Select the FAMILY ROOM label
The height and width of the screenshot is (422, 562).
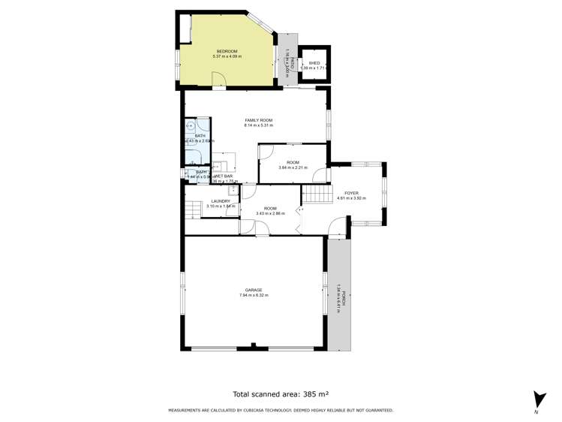[x=258, y=120]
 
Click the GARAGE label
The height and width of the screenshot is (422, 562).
[x=254, y=290]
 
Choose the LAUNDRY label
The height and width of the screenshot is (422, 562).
[x=221, y=200]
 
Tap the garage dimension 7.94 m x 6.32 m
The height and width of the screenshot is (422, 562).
[x=254, y=295]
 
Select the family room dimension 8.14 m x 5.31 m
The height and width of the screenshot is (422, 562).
[x=258, y=125]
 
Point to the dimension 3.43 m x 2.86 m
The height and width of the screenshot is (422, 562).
[x=270, y=213]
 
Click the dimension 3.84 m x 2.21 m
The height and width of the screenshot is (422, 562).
[x=293, y=167]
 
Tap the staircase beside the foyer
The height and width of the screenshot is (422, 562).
[x=317, y=195]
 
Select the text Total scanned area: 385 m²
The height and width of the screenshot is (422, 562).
[x=281, y=393]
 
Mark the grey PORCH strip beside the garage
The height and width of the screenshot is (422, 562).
[x=338, y=296]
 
